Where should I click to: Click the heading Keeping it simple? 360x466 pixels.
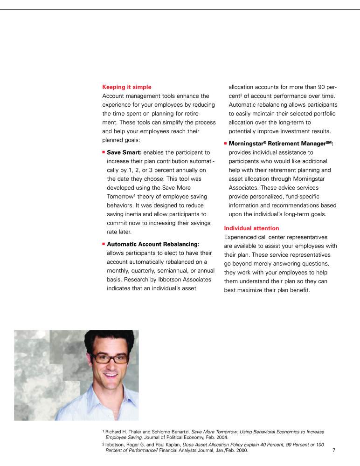(126, 87)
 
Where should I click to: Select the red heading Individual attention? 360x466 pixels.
(251, 228)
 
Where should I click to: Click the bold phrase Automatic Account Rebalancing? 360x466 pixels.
(153, 244)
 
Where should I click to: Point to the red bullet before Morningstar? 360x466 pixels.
(226, 144)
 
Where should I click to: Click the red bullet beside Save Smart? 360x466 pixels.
(104, 152)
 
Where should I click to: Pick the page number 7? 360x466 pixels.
(334, 451)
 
